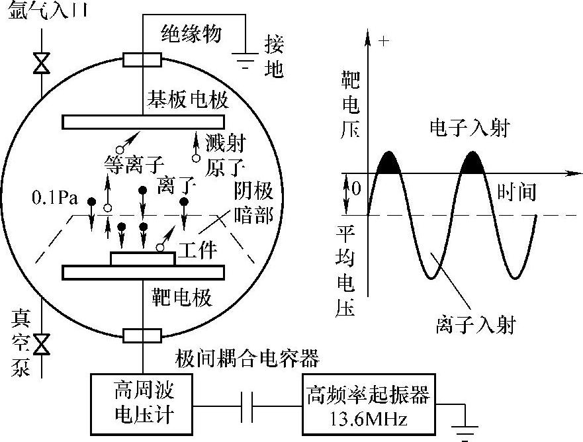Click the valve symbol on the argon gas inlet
pos(42,65)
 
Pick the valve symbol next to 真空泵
pos(42,344)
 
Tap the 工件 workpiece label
pos(199,251)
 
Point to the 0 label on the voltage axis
pos(355,189)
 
